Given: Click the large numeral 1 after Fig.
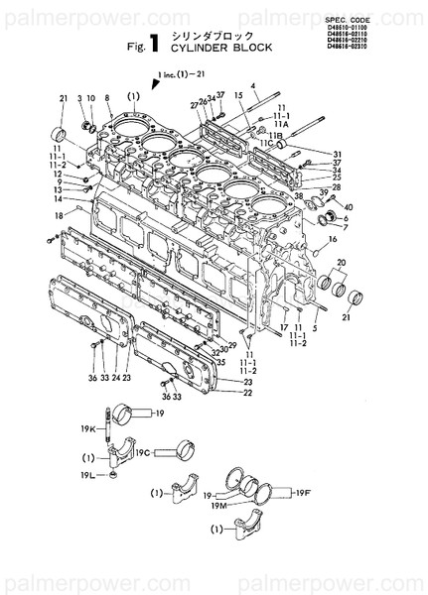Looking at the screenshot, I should [x=157, y=43].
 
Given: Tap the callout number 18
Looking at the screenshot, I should [x=59, y=214].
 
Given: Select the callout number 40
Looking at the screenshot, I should [x=348, y=204].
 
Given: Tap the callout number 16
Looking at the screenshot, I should [x=334, y=239].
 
